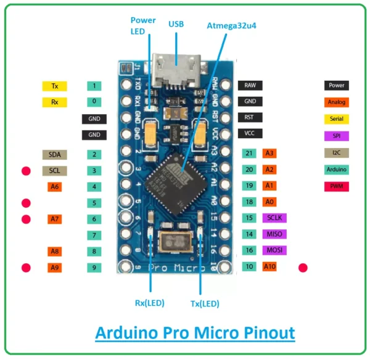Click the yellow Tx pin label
pyautogui.click(x=54, y=86)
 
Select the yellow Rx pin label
pyautogui.click(x=54, y=102)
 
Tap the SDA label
pyautogui.click(x=54, y=154)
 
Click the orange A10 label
pyautogui.click(x=270, y=267)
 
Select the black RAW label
pyautogui.click(x=250, y=85)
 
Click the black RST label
pyautogui.click(x=250, y=117)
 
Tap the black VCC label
pyautogui.click(x=250, y=133)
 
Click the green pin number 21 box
pyautogui.click(x=249, y=153)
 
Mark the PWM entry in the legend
pyautogui.click(x=336, y=186)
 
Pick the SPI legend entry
pyautogui.click(x=336, y=136)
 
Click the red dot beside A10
pyautogui.click(x=303, y=268)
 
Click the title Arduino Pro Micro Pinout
pyautogui.click(x=195, y=333)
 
